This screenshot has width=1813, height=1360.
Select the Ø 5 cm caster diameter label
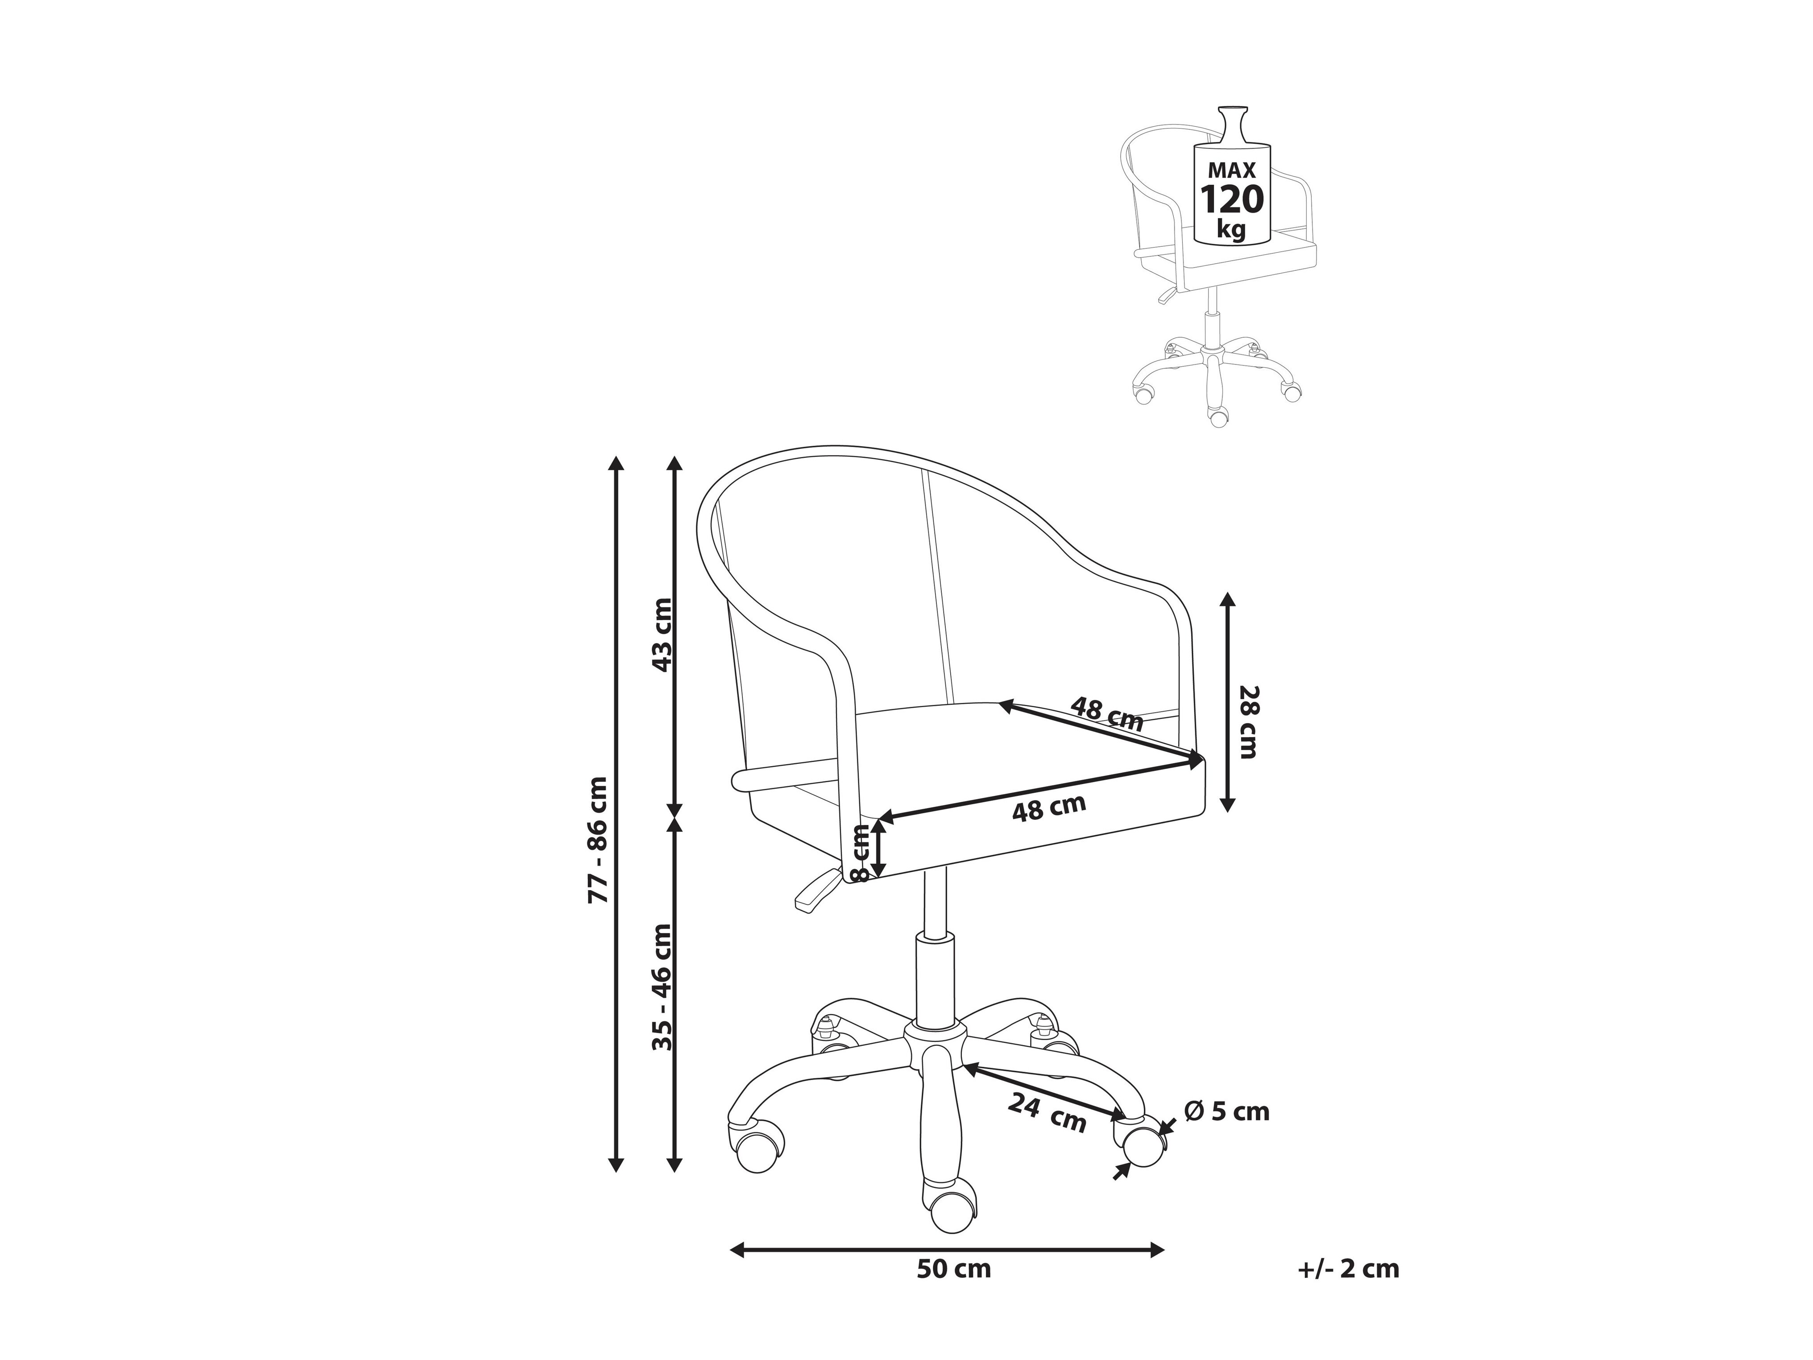pyautogui.click(x=1227, y=1111)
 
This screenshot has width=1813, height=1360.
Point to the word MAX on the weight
pyautogui.click(x=1232, y=170)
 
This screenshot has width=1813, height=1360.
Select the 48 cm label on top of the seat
pyautogui.click(x=1106, y=713)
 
